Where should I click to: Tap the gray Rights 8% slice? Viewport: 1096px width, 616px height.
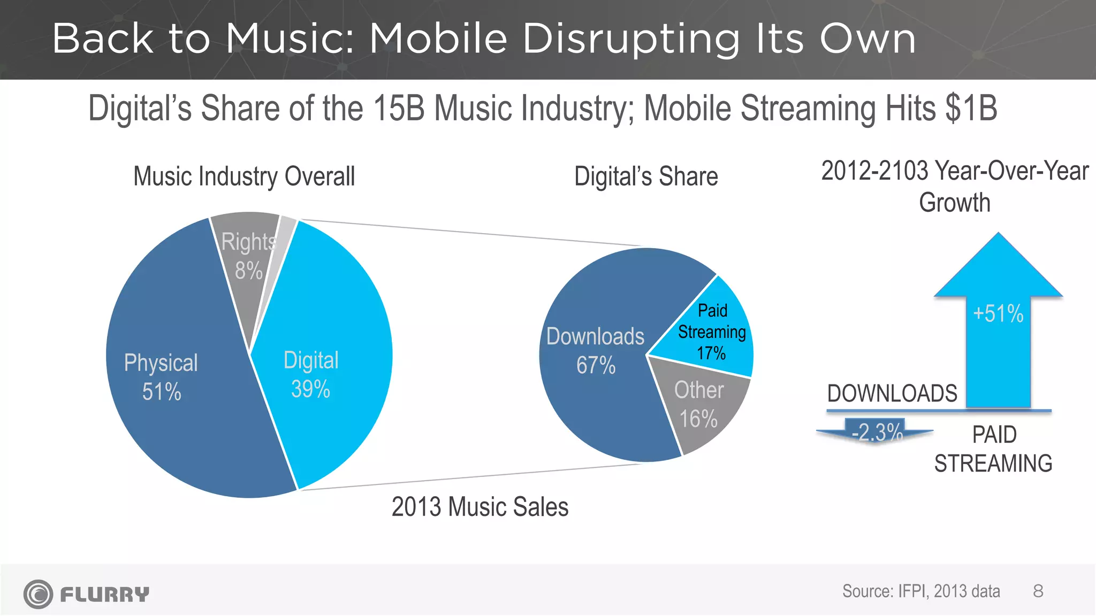coord(247,257)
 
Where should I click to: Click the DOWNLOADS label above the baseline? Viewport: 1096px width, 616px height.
coord(892,394)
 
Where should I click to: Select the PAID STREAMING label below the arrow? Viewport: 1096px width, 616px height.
coord(993,449)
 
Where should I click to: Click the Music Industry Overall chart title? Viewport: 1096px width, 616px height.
coord(244,176)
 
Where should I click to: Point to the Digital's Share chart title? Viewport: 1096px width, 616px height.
coord(646,176)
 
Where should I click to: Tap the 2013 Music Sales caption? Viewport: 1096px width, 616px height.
coord(479,507)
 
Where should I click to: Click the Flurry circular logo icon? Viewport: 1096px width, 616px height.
coord(38,594)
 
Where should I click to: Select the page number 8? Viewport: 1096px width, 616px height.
coord(1038,591)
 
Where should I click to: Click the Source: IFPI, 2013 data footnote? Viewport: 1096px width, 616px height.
coord(921,591)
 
